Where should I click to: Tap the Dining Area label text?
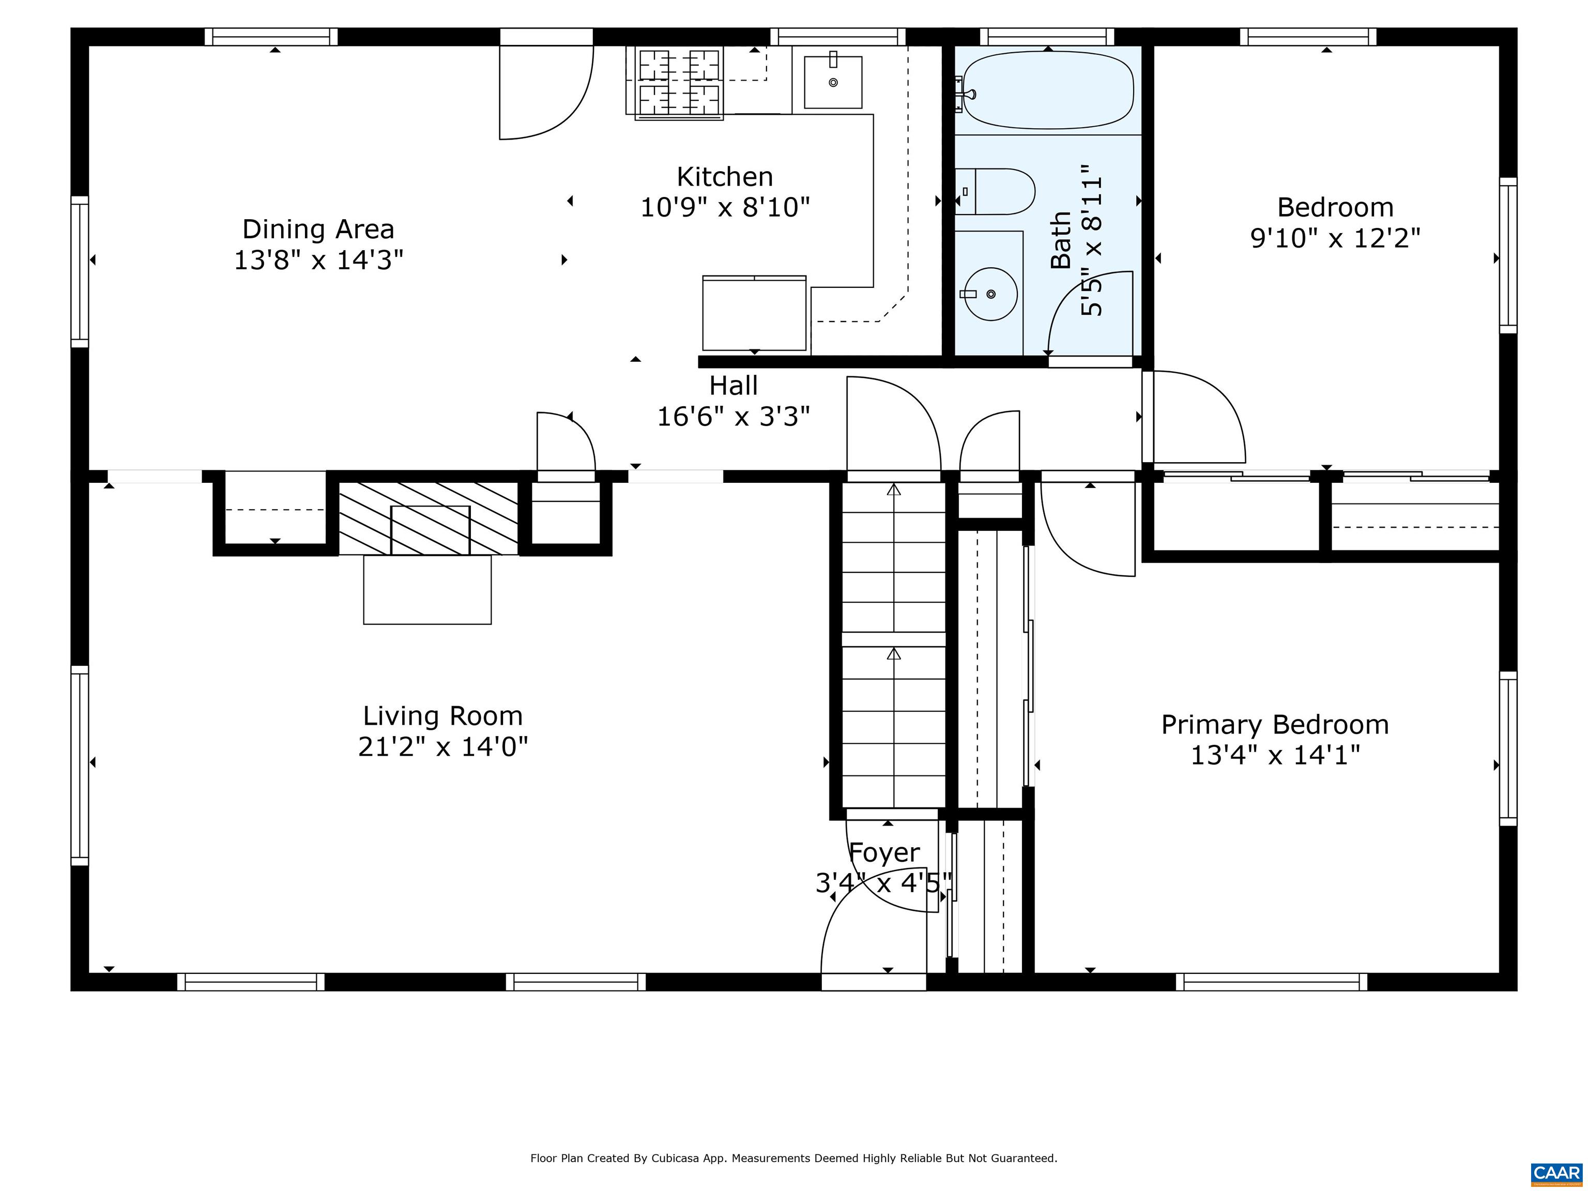(x=318, y=229)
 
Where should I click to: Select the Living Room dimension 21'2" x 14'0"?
(x=443, y=746)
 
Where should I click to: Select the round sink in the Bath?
(x=990, y=294)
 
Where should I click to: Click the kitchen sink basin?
(x=833, y=82)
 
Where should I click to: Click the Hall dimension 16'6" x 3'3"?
(x=734, y=416)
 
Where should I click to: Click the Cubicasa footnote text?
(x=793, y=1157)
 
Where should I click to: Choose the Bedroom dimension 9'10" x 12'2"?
(x=1335, y=238)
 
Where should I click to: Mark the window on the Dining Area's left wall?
(x=80, y=271)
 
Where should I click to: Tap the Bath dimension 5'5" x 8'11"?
(x=1091, y=240)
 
